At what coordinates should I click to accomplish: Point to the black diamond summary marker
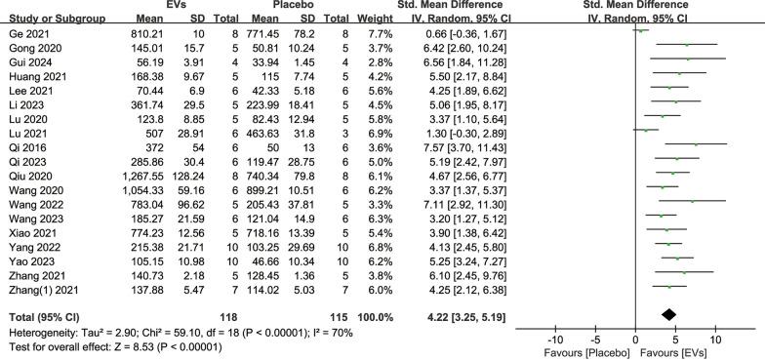[x=668, y=313]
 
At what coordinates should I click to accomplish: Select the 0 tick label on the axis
[x=635, y=338]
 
